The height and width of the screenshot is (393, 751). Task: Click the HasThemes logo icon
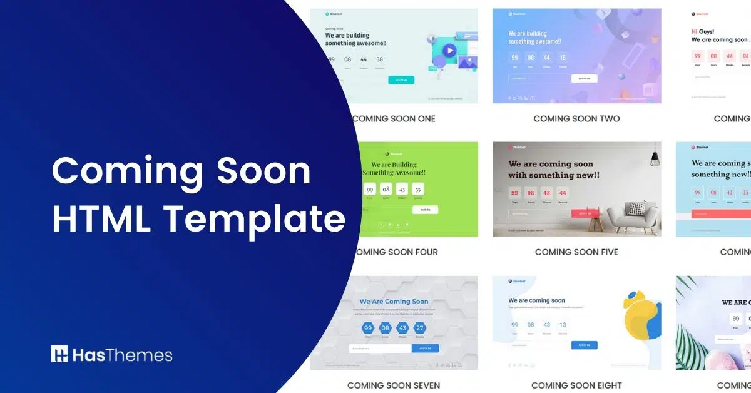pos(59,354)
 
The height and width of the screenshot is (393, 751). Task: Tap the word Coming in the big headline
pos(126,170)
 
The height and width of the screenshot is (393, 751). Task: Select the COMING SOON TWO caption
pos(576,118)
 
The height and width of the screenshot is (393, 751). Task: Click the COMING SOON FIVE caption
pos(576,252)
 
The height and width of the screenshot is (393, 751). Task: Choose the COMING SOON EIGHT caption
pos(576,385)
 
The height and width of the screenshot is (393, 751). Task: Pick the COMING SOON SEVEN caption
pos(394,385)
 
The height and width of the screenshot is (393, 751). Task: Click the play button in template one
pos(449,51)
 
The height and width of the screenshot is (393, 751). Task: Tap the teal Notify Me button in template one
pos(401,80)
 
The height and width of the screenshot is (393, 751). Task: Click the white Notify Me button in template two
pos(584,79)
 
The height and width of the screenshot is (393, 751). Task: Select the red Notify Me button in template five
pos(585,213)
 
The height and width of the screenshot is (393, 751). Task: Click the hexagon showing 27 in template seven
pos(420,328)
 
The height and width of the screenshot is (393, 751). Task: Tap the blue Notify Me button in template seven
pos(425,348)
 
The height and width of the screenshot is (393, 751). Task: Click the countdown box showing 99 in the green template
pos(370,189)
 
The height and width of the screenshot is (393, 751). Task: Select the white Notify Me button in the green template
pos(425,210)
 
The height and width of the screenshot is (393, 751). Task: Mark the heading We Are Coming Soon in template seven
pos(394,301)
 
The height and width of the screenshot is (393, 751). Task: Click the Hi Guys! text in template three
pos(702,31)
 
